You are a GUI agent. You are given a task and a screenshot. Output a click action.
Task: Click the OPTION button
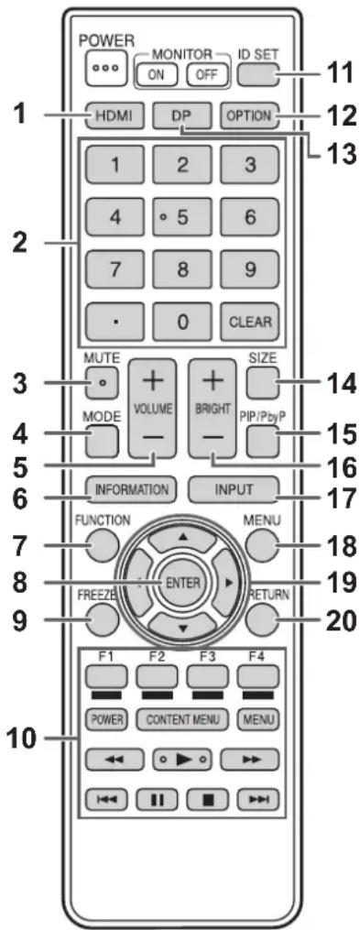click(x=249, y=115)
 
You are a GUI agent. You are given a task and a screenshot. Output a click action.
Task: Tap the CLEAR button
click(x=250, y=323)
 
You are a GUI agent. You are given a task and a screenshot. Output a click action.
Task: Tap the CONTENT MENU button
click(x=182, y=720)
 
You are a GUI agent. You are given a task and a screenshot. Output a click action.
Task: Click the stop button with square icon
click(x=208, y=798)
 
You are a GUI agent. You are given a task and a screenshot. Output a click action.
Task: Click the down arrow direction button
click(x=182, y=623)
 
